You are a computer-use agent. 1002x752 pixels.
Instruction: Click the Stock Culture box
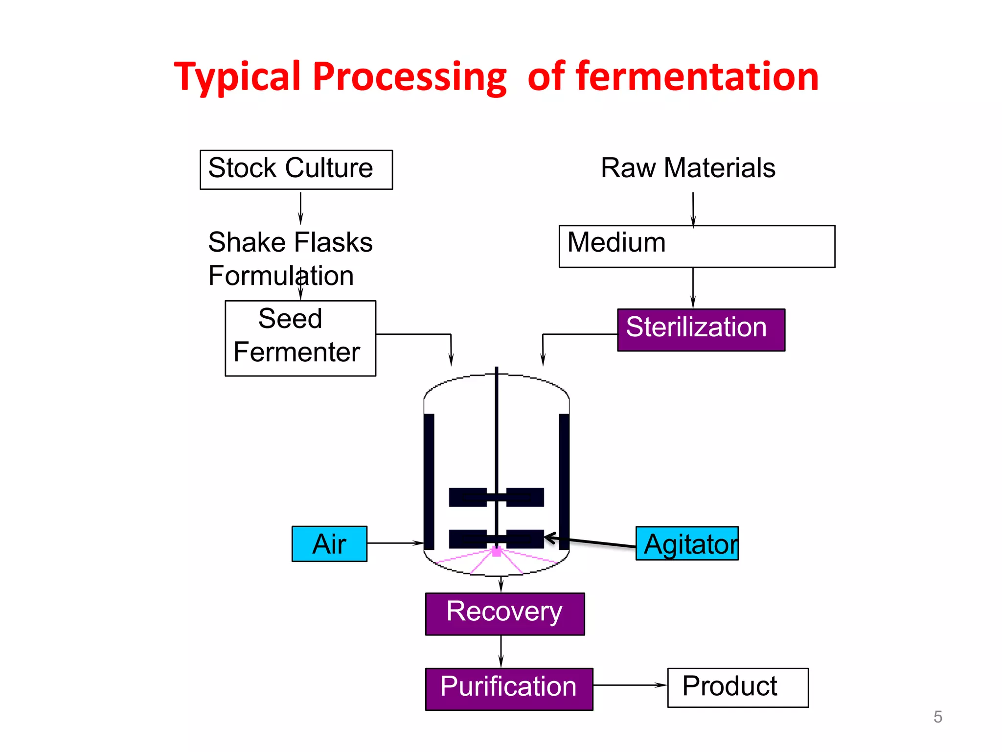[x=296, y=169]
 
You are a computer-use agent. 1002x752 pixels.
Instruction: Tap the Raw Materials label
[x=687, y=168]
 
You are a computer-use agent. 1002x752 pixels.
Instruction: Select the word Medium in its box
[x=616, y=242]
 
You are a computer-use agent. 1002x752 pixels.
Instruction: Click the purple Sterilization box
[x=701, y=329]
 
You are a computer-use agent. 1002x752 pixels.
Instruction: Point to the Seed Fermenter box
[x=300, y=338]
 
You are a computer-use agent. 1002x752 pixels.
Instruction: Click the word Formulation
[x=280, y=276]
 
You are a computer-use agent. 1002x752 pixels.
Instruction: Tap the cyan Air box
[x=329, y=543]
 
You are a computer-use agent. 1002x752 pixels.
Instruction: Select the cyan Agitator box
[x=687, y=543]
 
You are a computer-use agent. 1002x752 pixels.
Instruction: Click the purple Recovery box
[x=504, y=613]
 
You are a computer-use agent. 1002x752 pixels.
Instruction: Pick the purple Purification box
[x=509, y=688]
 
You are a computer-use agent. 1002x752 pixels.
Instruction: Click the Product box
[x=737, y=687]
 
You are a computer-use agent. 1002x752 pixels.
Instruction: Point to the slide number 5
[x=937, y=717]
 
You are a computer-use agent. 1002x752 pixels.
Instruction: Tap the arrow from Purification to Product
[x=630, y=685]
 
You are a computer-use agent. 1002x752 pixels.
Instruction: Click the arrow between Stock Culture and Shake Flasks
[x=300, y=208]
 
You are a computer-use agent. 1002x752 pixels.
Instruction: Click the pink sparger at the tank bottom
[x=497, y=552]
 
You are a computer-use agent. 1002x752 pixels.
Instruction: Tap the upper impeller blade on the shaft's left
[x=468, y=497]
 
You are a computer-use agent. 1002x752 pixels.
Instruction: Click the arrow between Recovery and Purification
[x=501, y=651]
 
